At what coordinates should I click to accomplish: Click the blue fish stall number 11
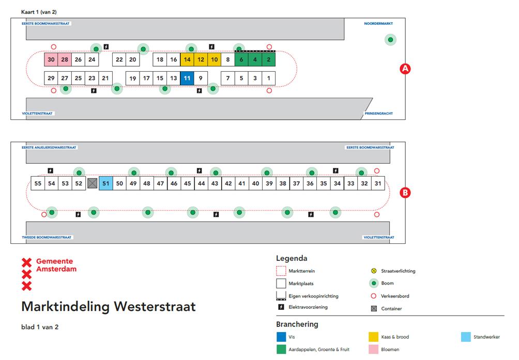187,79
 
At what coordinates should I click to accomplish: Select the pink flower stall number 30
51,59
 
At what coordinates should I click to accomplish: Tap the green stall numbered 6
241,59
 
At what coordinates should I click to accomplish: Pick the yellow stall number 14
187,59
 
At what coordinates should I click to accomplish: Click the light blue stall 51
105,183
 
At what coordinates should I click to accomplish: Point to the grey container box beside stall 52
92,183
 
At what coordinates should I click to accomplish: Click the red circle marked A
406,69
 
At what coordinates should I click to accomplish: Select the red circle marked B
406,193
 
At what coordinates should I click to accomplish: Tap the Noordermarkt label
378,24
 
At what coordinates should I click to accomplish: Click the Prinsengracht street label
379,113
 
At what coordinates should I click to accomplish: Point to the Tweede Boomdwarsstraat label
47,238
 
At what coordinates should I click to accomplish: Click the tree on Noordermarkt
391,40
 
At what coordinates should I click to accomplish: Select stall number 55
38,183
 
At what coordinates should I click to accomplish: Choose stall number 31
378,183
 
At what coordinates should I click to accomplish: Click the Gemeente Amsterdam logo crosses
26,274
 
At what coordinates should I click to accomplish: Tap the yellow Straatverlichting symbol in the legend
374,271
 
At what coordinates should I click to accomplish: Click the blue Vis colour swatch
281,337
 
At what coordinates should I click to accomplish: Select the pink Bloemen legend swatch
373,350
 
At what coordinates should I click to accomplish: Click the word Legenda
292,258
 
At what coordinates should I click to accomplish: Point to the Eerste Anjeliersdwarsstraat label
49,148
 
